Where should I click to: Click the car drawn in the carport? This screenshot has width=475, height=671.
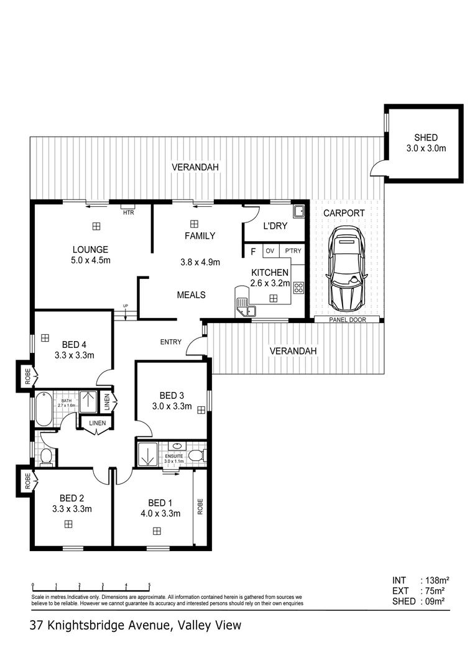tap(346, 268)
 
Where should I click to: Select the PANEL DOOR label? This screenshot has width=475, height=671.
tap(347, 320)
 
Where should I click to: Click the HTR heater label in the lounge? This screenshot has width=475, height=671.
tap(129, 212)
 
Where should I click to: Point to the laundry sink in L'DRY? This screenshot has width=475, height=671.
tap(298, 211)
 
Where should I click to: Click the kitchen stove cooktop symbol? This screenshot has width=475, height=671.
tap(298, 288)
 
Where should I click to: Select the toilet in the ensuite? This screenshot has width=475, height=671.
tap(196, 455)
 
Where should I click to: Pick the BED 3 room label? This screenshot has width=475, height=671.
tap(172, 395)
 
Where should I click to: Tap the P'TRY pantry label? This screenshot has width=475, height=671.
tap(293, 251)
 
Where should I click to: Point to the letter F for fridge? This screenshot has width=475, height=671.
tap(253, 252)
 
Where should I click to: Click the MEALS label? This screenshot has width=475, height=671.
tap(191, 295)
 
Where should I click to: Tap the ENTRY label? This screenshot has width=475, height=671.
tap(171, 342)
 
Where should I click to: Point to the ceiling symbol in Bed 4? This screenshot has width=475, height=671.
tap(45, 338)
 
